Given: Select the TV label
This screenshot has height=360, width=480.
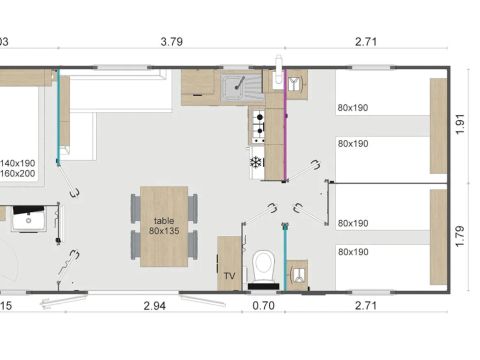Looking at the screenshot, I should (229, 275).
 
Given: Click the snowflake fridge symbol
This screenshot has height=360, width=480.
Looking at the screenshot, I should (256, 161).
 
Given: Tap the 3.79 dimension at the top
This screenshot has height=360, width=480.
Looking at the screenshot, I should (172, 42).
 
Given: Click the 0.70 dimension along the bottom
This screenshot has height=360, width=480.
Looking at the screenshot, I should (263, 305).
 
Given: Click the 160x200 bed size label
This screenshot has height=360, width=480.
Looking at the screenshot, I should (18, 173).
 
